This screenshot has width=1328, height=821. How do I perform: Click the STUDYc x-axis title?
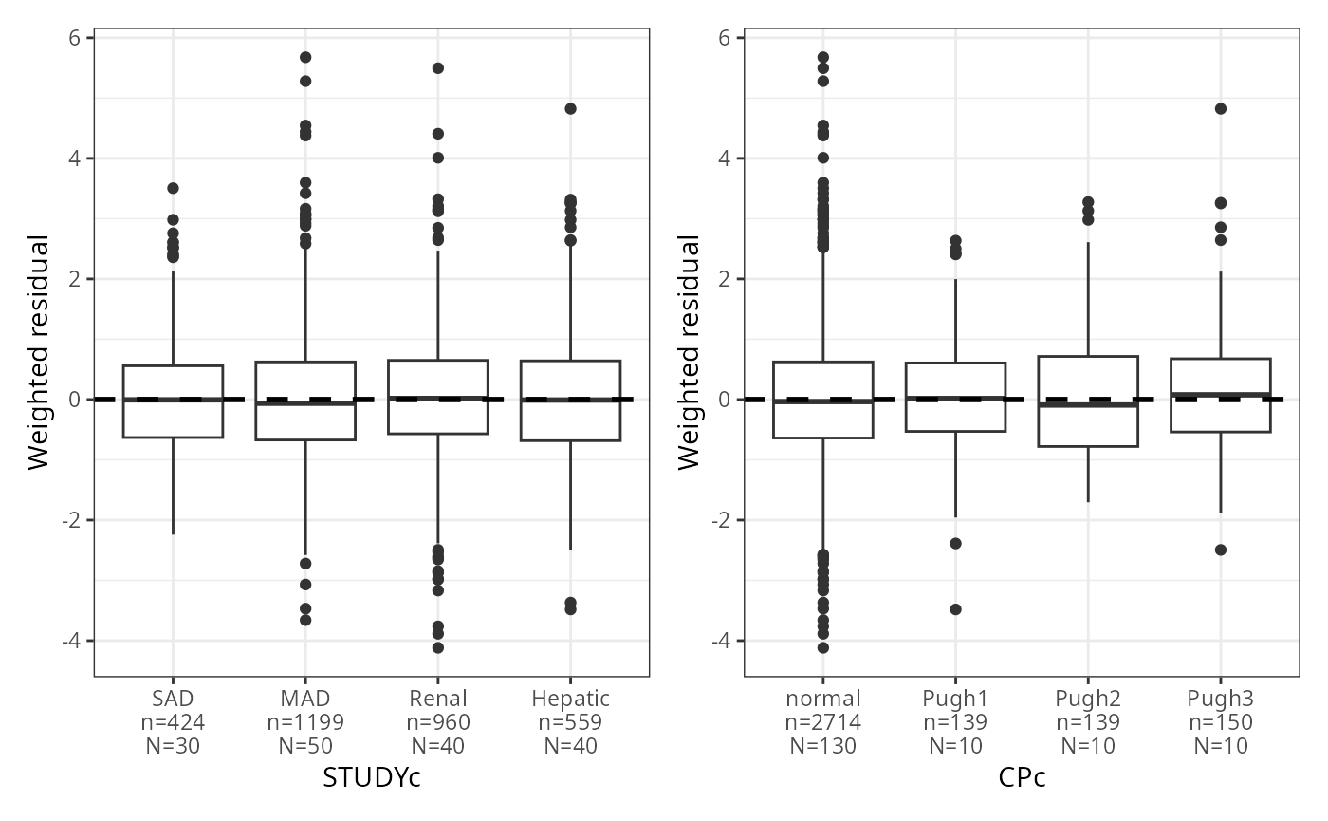coord(372,777)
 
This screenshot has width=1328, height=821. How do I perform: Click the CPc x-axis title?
coord(1022,777)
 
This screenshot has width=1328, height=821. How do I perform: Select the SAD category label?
coord(173,700)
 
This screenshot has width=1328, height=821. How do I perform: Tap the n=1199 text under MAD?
coord(305,722)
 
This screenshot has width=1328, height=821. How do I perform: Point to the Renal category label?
coord(438,700)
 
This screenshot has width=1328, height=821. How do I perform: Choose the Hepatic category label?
coord(571,700)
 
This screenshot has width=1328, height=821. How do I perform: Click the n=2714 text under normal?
coord(822,722)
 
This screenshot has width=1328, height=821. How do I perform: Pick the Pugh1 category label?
coord(955,700)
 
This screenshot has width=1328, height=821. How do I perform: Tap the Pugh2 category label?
coord(1088,700)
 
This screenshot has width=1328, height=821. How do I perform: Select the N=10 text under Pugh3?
coord(1221,746)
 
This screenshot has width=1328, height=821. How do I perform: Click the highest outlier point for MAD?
coord(305,57)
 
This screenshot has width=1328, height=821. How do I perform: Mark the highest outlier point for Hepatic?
coord(571,108)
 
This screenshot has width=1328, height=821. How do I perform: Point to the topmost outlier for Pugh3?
coord(1221,108)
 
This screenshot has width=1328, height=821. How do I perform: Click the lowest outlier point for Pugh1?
coord(955,609)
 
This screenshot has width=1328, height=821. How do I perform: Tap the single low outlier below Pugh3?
coord(1221,550)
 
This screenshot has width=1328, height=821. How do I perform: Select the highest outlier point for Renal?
coord(438,68)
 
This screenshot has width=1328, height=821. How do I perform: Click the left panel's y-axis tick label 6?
coord(74,38)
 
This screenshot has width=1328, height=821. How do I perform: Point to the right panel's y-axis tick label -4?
coord(721,641)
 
